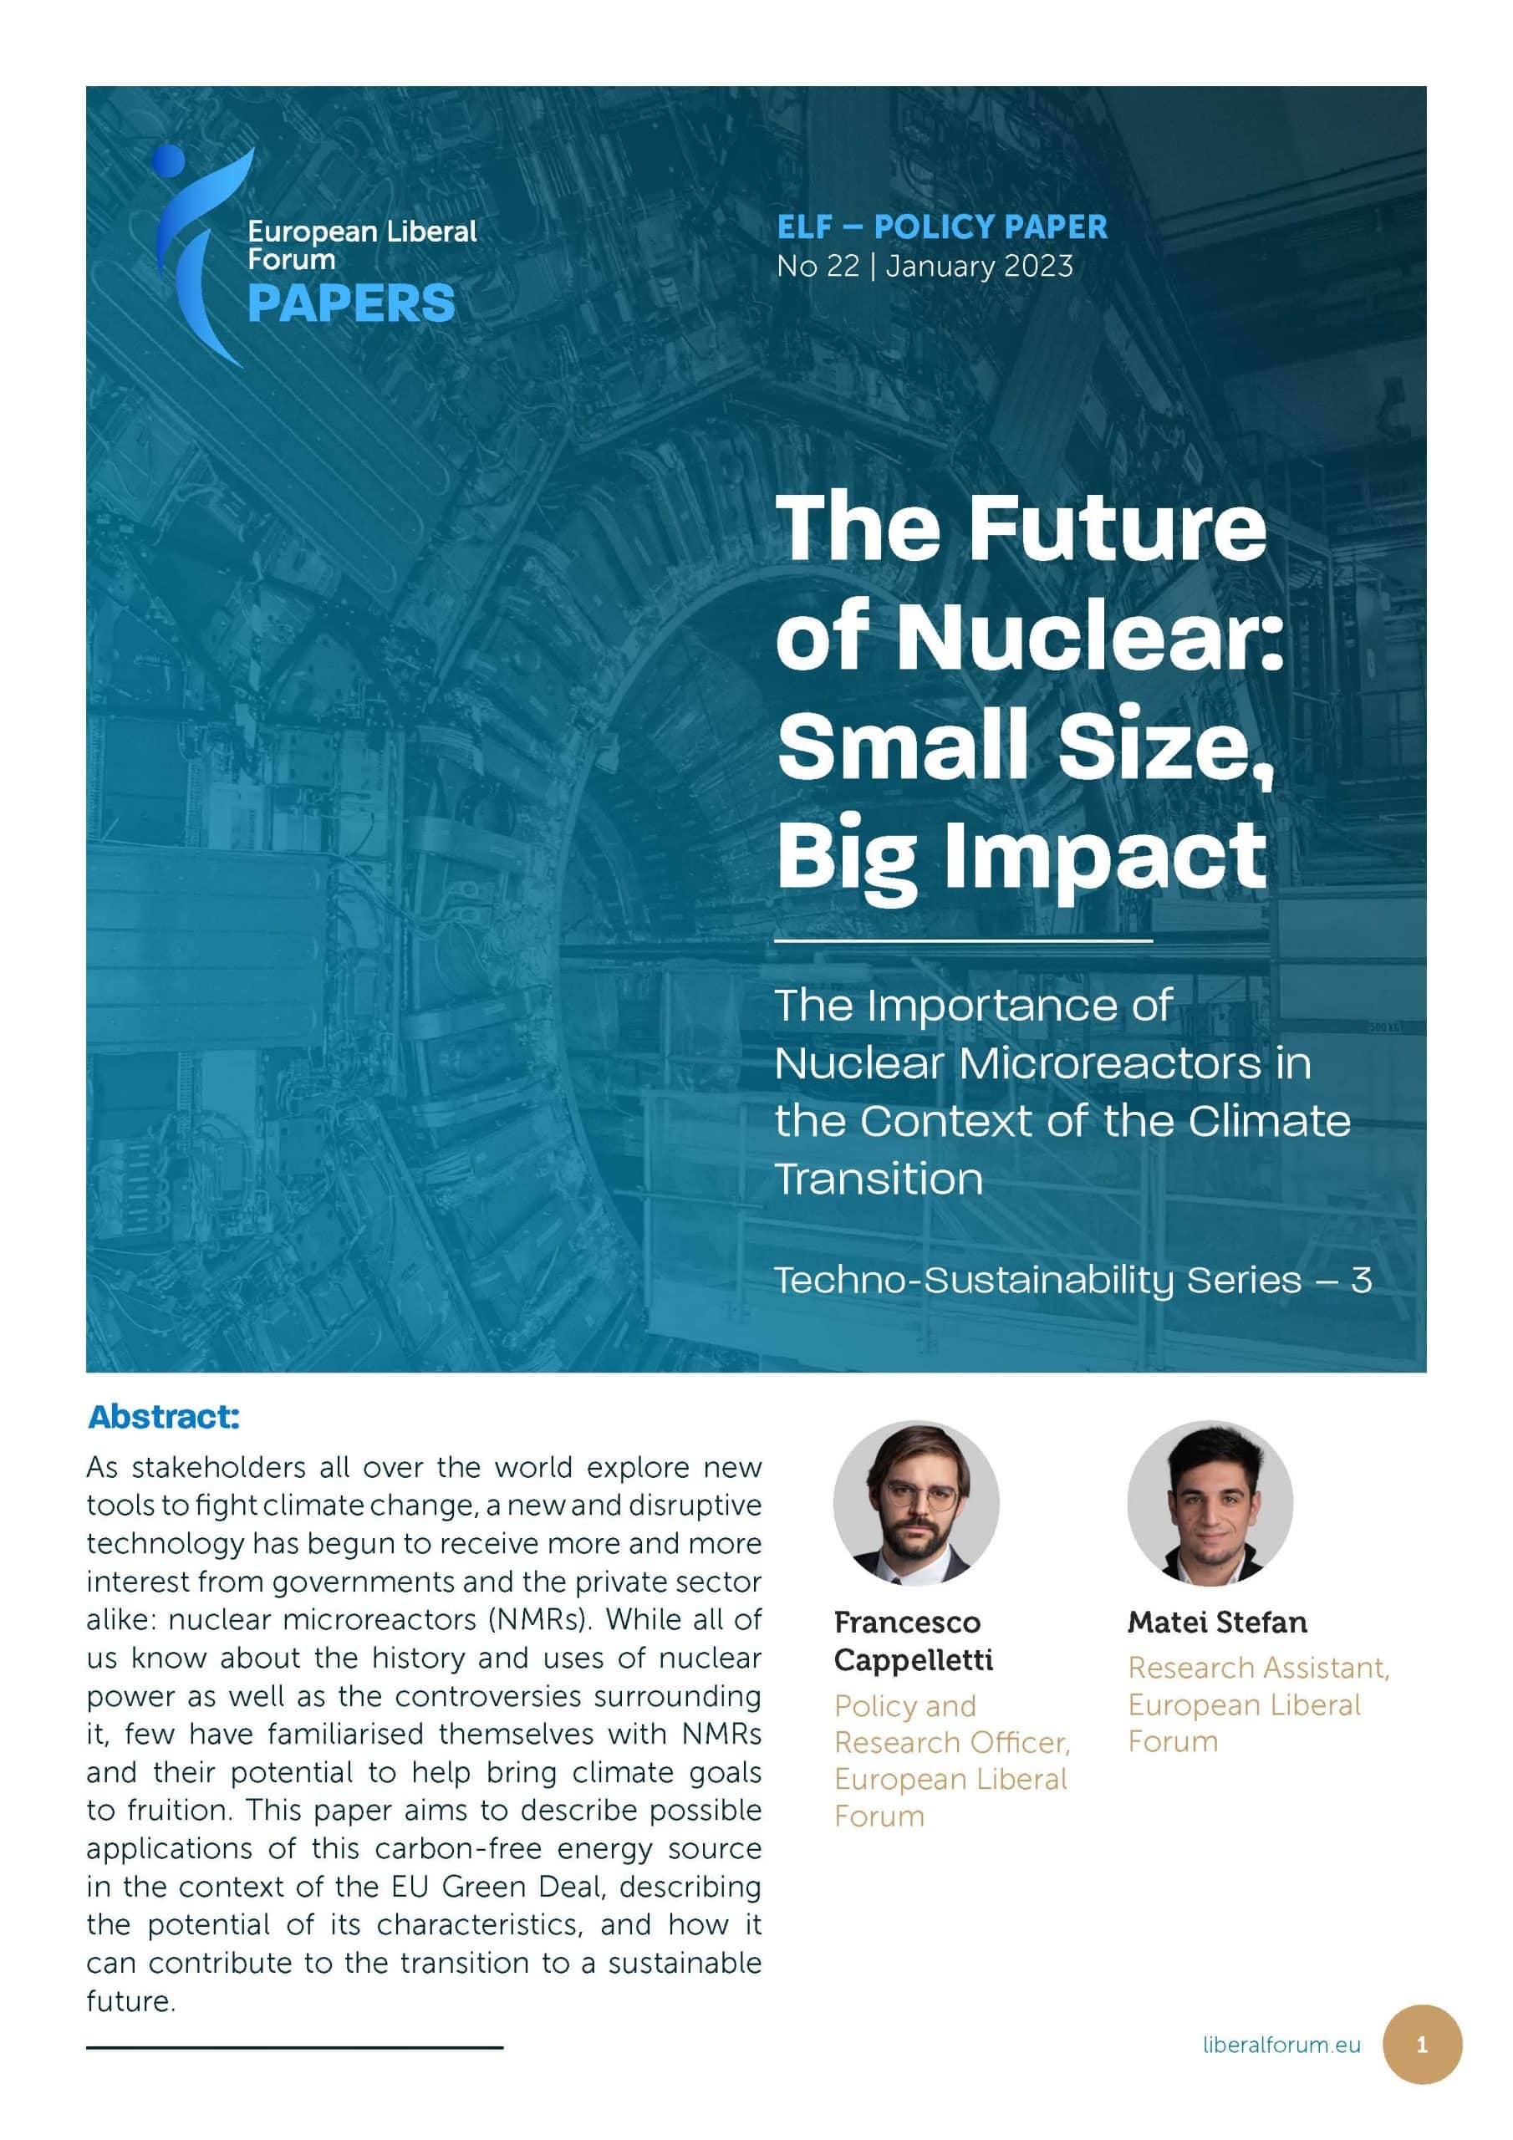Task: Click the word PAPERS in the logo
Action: (350, 303)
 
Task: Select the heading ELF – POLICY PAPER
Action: (941, 227)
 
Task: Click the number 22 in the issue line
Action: (842, 267)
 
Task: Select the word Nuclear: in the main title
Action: (1091, 637)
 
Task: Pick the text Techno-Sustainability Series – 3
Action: (1072, 1280)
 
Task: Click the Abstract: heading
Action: (164, 1417)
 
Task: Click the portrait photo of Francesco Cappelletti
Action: (915, 1502)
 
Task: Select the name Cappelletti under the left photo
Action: (913, 1660)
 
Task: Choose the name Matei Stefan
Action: (1216, 1623)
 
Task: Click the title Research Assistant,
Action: (1257, 1668)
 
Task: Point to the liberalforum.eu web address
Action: (1281, 2045)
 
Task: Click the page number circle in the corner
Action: (1421, 2045)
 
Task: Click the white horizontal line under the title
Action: (963, 941)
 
